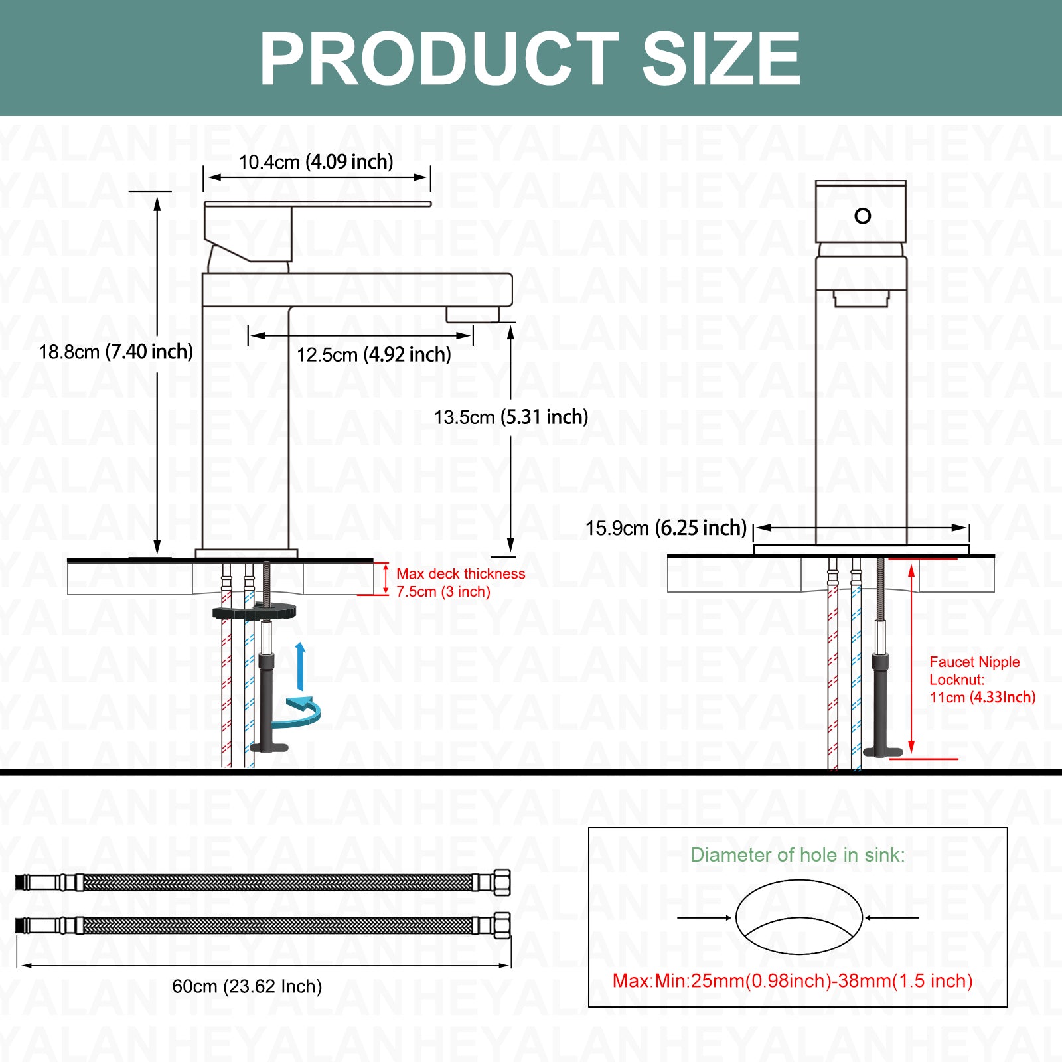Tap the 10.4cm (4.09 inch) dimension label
[x=316, y=162]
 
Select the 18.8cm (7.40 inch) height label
[x=115, y=352]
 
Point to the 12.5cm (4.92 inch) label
[x=374, y=354]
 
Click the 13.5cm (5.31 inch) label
[x=511, y=417]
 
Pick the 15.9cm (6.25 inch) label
[x=666, y=528]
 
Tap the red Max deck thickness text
[x=461, y=583]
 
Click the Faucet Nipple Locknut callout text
[x=982, y=679]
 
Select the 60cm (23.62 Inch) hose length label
[x=247, y=986]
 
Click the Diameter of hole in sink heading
[x=798, y=854]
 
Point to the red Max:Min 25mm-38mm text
[x=793, y=980]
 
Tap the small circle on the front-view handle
[x=863, y=216]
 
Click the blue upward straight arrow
[x=301, y=667]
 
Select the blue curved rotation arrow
[x=304, y=710]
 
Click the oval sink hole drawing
[x=798, y=917]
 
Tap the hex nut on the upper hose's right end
[x=502, y=882]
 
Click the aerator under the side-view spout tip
[x=472, y=315]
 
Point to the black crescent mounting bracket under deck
[x=254, y=611]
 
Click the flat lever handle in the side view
[x=318, y=204]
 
